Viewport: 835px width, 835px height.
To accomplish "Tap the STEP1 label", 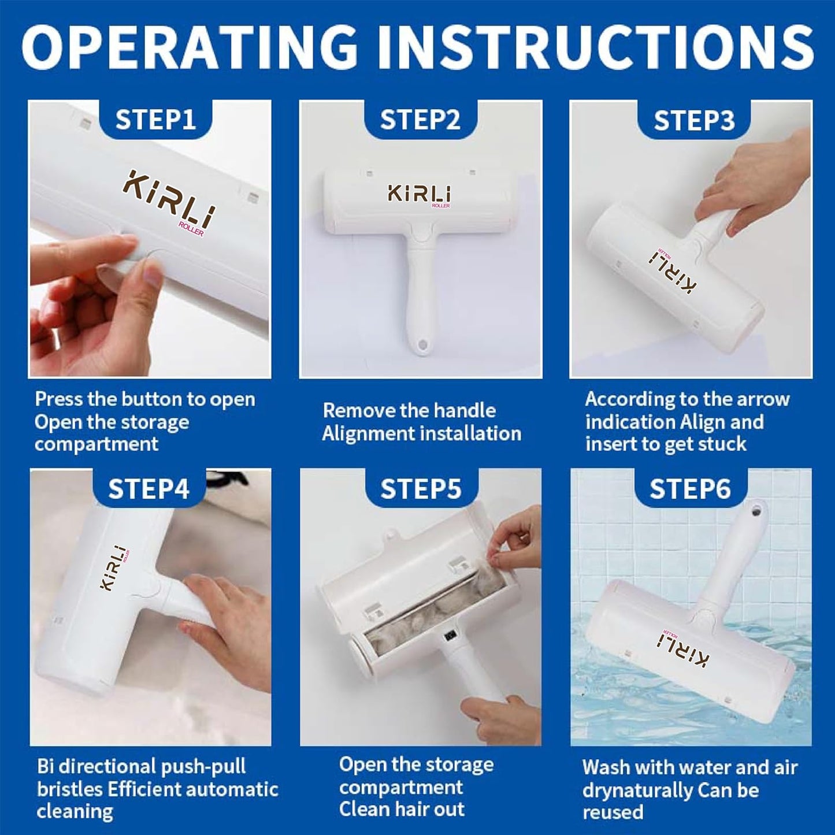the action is pyautogui.click(x=155, y=120).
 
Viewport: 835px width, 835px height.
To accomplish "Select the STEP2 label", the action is pyautogui.click(x=420, y=120).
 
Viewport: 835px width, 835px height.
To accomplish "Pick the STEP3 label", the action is pyautogui.click(x=694, y=120).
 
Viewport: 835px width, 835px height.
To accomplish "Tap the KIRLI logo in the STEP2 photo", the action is pyautogui.click(x=419, y=195).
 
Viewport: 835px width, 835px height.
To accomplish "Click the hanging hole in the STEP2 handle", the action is pyautogui.click(x=420, y=344).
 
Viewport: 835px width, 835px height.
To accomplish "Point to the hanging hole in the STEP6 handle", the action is pyautogui.click(x=756, y=512).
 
